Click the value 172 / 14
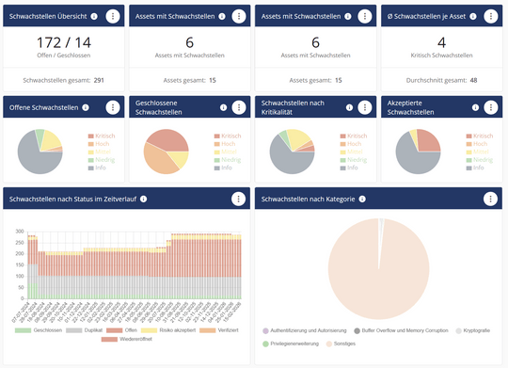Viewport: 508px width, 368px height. click(x=64, y=43)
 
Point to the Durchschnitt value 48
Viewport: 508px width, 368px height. click(x=472, y=80)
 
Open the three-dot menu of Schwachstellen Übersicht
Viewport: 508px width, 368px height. click(x=112, y=16)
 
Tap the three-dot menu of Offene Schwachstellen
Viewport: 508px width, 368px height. click(x=112, y=108)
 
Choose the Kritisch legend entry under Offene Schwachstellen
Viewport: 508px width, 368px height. click(x=101, y=136)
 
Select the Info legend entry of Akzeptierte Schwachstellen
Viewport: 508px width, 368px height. click(x=478, y=167)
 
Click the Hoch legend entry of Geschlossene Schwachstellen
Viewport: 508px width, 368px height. click(x=226, y=143)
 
